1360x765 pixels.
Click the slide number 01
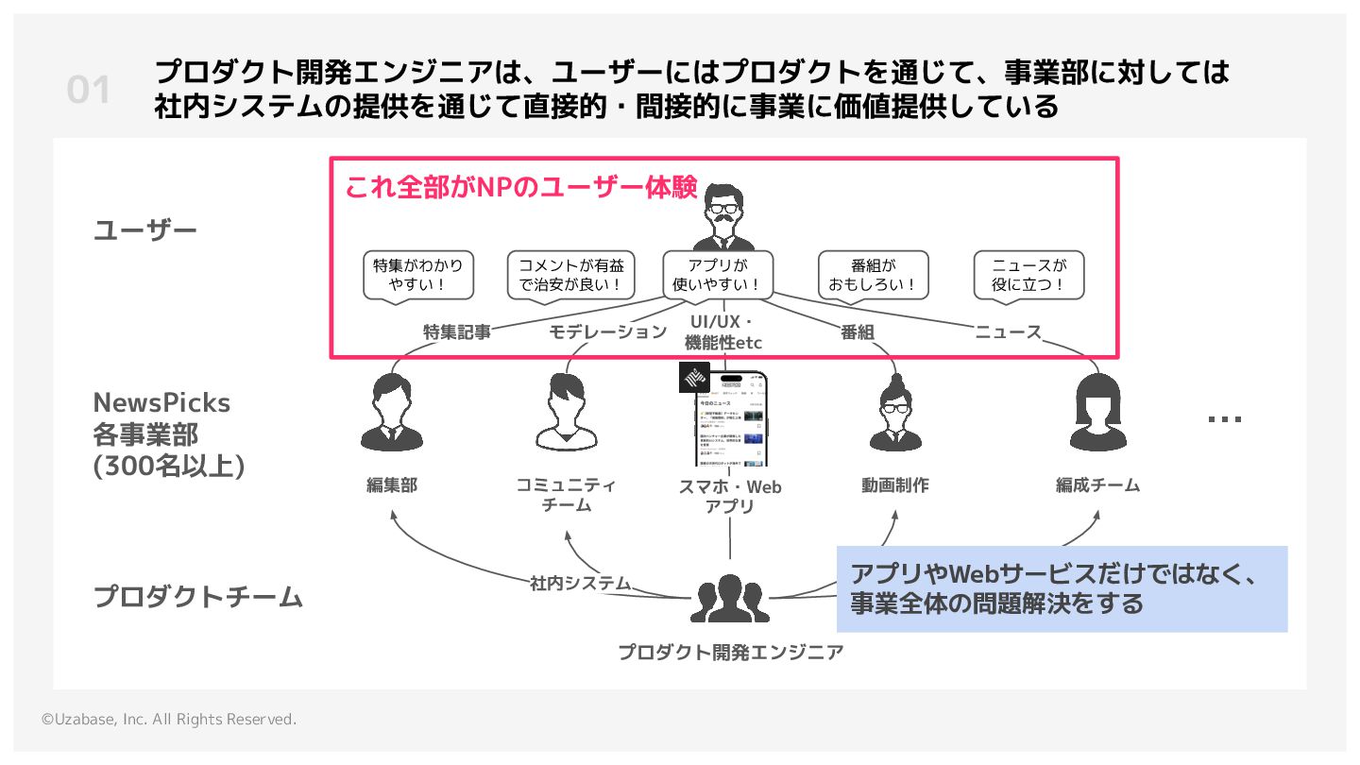(89, 91)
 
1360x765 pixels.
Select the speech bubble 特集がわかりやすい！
(418, 275)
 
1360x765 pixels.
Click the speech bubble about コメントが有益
(571, 275)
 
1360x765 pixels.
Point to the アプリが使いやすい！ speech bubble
(719, 275)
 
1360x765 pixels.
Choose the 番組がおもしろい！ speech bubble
(874, 275)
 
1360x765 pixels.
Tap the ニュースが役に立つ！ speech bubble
(1028, 275)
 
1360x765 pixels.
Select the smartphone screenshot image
(730, 420)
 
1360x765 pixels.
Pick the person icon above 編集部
(391, 413)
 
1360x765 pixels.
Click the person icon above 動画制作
(894, 413)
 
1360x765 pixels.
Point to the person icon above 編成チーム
(1097, 413)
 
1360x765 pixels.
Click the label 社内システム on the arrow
(580, 583)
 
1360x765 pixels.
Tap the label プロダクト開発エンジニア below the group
(730, 652)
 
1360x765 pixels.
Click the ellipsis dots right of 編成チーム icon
(1225, 418)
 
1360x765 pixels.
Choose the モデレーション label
(608, 332)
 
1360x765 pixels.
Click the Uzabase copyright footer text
(169, 720)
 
